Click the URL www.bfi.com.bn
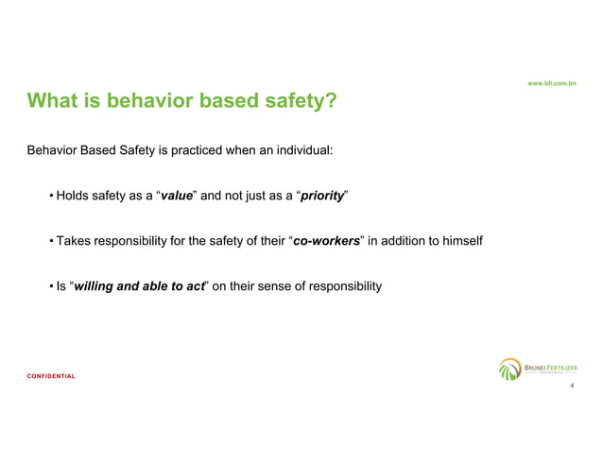click(553, 83)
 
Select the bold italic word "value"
click(178, 197)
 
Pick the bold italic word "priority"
click(321, 197)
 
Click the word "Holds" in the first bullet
click(72, 197)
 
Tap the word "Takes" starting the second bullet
click(73, 241)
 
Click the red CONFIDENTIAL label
click(51, 375)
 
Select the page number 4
click(572, 386)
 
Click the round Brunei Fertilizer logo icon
click(510, 369)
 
